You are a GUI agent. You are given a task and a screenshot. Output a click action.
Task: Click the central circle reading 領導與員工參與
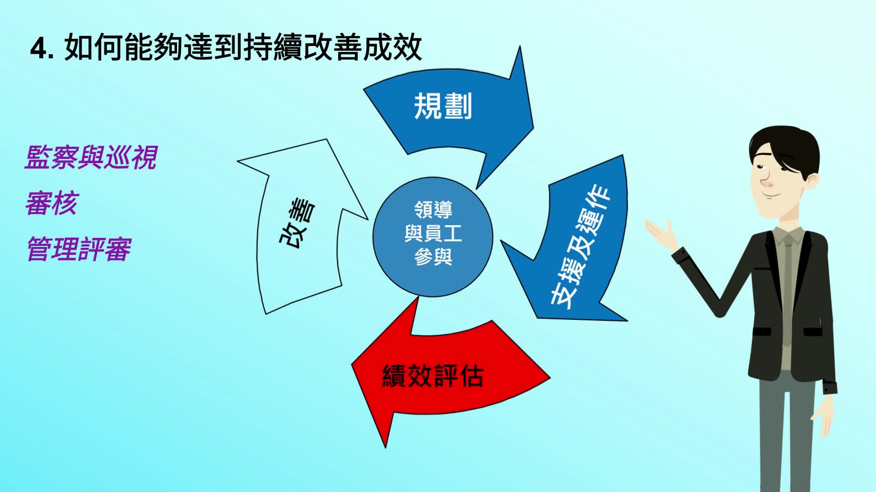pos(433,237)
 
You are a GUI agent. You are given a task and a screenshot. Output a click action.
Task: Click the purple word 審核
pos(52,203)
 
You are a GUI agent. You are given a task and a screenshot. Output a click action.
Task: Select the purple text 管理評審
pos(78,249)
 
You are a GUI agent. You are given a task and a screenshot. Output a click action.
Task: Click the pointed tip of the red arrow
pos(386,448)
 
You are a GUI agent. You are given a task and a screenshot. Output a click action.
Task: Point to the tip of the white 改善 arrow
pos(327,139)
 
